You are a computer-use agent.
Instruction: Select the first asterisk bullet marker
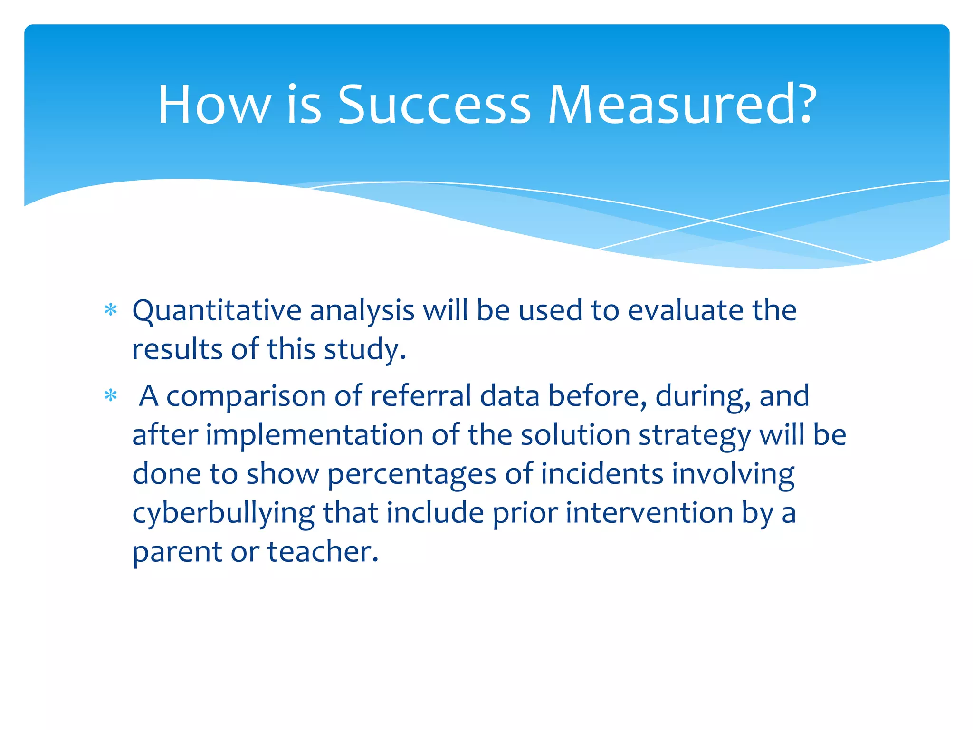[x=111, y=311]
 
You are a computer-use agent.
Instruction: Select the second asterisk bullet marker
[x=111, y=395]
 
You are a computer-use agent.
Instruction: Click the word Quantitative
[x=217, y=311]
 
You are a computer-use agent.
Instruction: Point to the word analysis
[x=362, y=311]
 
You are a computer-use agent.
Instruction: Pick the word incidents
[x=602, y=474]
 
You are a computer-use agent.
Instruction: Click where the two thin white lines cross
[x=711, y=221]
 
